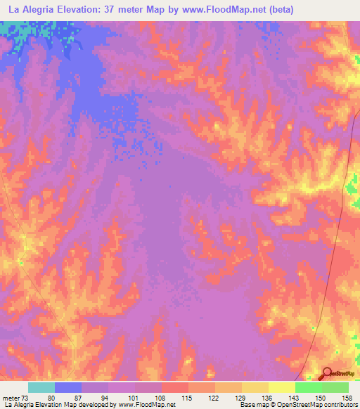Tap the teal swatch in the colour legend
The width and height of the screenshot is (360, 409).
(x=41, y=387)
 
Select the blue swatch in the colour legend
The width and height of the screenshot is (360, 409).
(x=68, y=387)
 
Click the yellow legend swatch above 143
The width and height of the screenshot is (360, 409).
(x=282, y=387)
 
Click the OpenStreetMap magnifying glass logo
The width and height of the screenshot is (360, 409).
(x=328, y=373)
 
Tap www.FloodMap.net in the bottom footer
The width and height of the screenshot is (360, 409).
(x=143, y=405)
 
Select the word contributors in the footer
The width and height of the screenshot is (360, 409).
(x=340, y=405)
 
